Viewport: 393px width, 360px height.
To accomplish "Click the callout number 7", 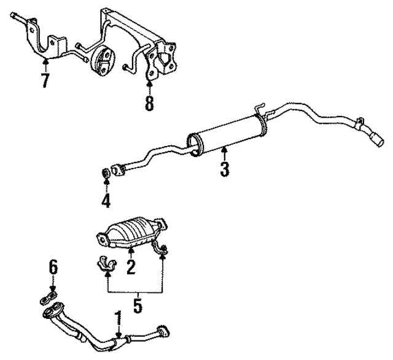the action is click(x=45, y=80).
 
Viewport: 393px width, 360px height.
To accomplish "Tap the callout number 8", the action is click(x=149, y=103).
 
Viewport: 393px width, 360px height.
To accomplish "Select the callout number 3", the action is click(x=225, y=169).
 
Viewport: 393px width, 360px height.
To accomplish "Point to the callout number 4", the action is click(x=106, y=201).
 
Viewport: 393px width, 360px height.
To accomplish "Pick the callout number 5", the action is click(x=53, y=267).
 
